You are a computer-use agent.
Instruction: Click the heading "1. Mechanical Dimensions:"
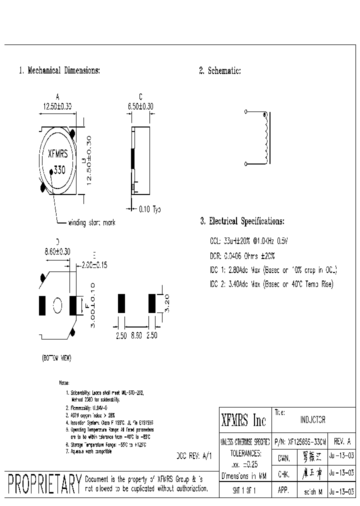[x=59, y=70]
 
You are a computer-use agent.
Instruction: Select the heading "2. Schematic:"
[x=220, y=71]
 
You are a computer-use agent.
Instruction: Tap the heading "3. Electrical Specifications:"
[x=242, y=221]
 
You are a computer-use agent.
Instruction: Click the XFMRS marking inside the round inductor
[x=57, y=155]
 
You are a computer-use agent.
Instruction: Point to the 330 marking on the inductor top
[x=59, y=170]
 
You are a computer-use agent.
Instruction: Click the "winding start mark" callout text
[x=91, y=222]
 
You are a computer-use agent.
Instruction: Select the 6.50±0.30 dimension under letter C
[x=140, y=106]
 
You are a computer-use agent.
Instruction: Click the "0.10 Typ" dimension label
[x=149, y=209]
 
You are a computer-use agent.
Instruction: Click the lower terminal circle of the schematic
[x=246, y=163]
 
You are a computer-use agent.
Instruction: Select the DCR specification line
[x=242, y=255]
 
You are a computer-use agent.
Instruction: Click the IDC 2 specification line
[x=271, y=284]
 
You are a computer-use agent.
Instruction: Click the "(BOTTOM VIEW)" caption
[x=56, y=358]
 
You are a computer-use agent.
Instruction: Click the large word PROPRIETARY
[x=44, y=484]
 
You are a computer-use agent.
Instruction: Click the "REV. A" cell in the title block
[x=342, y=441]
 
